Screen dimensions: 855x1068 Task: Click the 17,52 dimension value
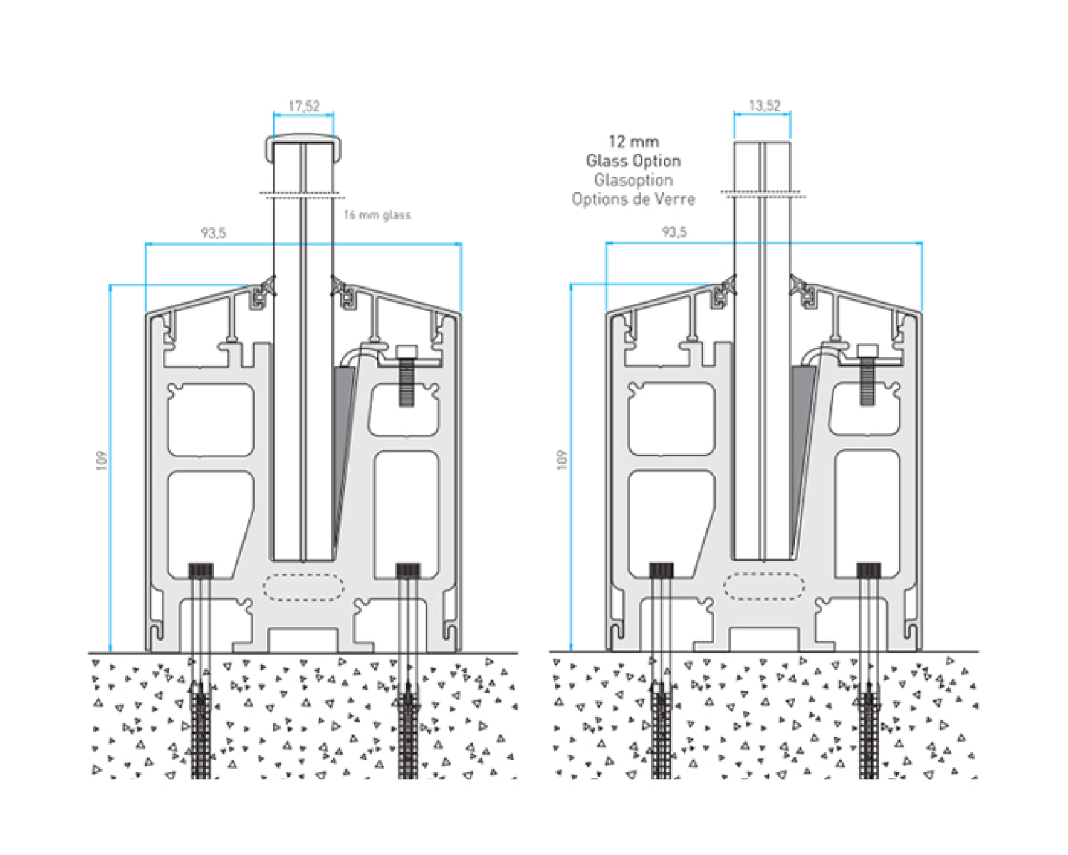coord(304,106)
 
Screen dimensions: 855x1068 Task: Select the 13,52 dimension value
coord(765,105)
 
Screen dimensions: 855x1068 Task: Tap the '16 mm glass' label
coord(377,215)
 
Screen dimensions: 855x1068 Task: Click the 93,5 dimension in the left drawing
coord(213,232)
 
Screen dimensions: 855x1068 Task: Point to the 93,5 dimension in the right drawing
coord(674,232)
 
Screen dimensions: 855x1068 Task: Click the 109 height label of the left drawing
coord(101,460)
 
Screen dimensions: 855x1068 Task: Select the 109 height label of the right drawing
coord(562,459)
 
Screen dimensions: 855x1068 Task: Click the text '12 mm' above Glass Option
coord(634,141)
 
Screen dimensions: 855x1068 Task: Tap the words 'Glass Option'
coord(634,160)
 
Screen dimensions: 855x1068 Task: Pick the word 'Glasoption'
coord(634,180)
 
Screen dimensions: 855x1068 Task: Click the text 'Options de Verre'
coord(634,199)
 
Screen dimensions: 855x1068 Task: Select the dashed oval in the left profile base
coord(303,586)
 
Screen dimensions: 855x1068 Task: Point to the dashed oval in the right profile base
coord(764,586)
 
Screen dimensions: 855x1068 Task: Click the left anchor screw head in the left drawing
coord(201,570)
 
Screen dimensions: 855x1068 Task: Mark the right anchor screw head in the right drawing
coord(869,569)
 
